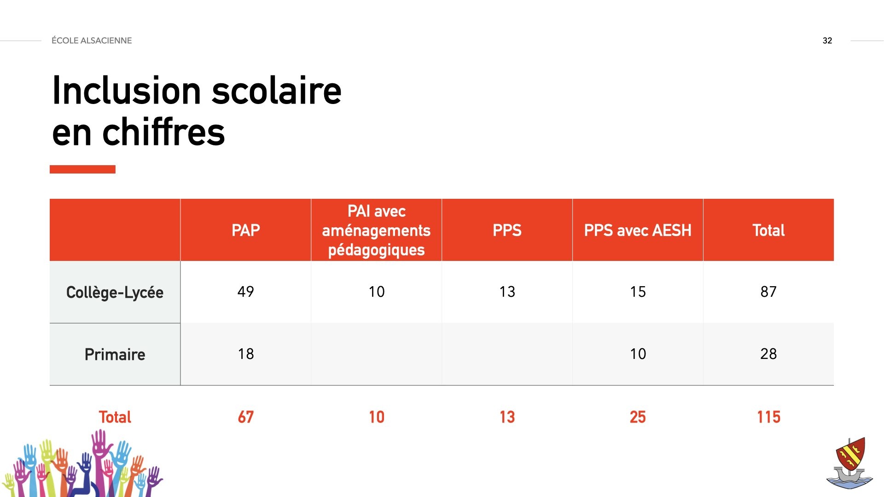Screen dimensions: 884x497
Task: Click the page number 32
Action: coord(827,40)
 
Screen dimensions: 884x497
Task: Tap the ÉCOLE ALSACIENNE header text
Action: coord(92,40)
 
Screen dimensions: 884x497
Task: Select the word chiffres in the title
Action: coord(164,132)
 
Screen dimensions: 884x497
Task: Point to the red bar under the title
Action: coord(82,169)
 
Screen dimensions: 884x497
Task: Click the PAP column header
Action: coord(245,230)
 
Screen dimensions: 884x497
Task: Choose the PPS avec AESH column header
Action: coord(638,230)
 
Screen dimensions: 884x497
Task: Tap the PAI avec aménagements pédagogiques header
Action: coord(376,230)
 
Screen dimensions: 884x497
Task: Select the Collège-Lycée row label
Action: coord(115,292)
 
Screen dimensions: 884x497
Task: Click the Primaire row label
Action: coord(115,354)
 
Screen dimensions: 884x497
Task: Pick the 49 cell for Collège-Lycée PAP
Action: coord(245,291)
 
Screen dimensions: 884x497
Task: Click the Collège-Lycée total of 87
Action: coord(768,291)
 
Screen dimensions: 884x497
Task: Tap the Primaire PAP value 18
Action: coord(246,353)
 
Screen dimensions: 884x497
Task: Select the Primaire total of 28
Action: coord(768,353)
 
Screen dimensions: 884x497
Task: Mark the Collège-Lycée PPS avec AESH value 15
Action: coord(638,291)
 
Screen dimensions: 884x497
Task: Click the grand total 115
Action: coord(768,417)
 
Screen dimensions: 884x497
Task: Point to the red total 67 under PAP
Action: coord(245,417)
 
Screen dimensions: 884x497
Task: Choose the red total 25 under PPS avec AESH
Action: coord(638,417)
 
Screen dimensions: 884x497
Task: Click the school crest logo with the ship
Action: coord(850,462)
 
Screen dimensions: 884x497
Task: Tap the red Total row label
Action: coord(115,417)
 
